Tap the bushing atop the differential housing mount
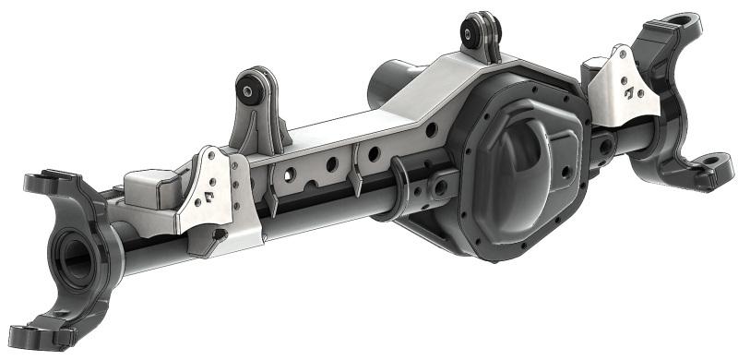479,35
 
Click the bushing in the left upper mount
248,90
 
